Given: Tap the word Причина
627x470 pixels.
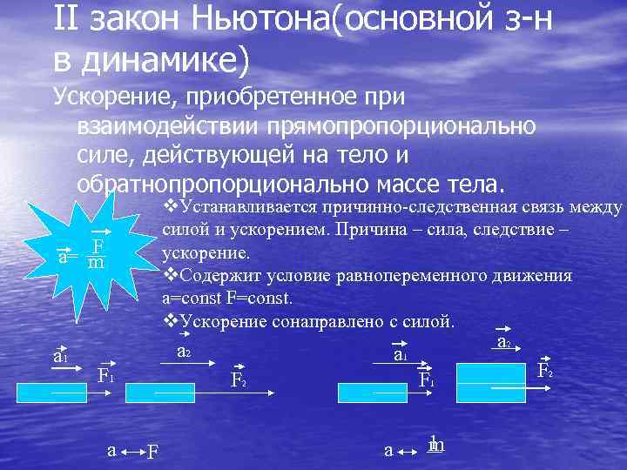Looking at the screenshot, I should coord(455,232).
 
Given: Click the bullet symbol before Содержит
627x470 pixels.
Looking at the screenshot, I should coord(170,276).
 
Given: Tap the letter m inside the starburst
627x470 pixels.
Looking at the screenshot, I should coord(98,262).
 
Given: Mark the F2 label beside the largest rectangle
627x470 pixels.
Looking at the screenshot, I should coord(545,369).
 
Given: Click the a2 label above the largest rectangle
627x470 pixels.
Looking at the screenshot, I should coord(503,342).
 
